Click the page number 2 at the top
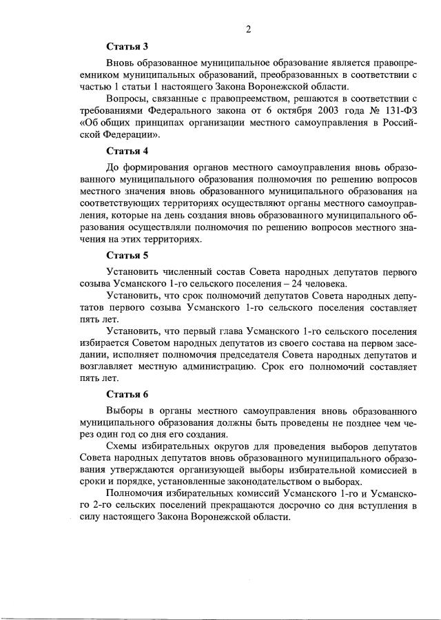247,29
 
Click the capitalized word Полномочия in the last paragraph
140,493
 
